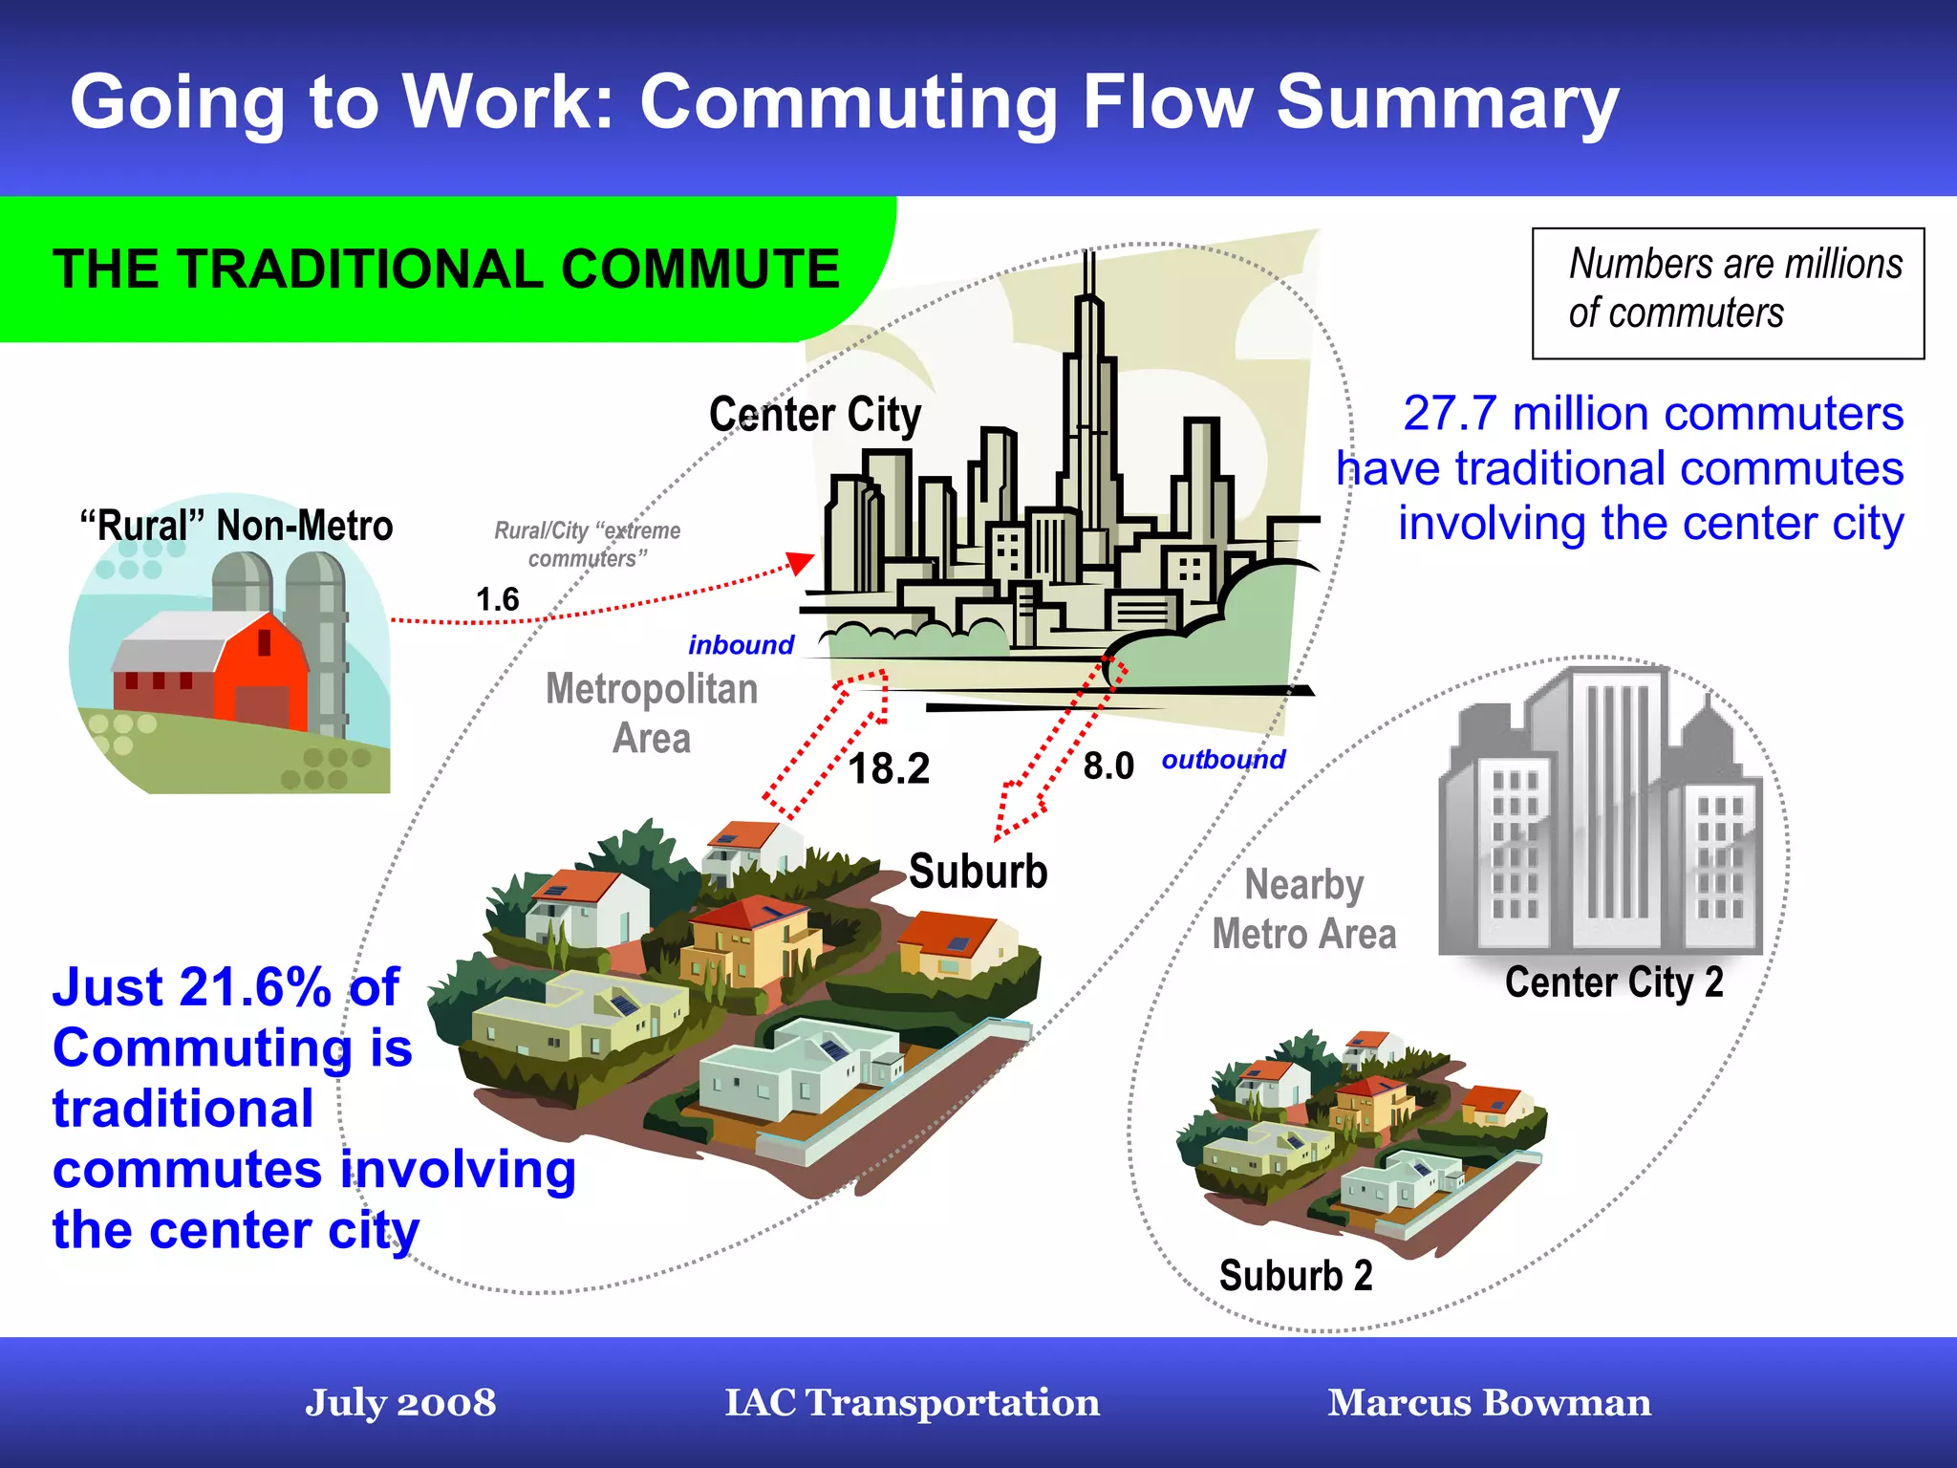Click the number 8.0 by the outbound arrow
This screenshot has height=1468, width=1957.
[x=1108, y=766]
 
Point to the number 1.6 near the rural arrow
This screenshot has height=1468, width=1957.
[x=497, y=600]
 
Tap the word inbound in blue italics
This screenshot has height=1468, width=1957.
[x=741, y=645]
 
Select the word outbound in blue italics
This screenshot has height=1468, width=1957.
[x=1223, y=760]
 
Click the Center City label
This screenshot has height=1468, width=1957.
[x=815, y=416]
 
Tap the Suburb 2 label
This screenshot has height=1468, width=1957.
[x=1296, y=1276]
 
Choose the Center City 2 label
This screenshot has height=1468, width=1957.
[x=1614, y=982]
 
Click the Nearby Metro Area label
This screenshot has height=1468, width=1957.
[x=1304, y=910]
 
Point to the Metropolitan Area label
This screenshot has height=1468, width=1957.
[x=652, y=714]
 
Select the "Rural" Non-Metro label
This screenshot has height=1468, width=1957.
[x=236, y=527]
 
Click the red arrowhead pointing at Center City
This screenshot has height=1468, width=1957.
[x=800, y=563]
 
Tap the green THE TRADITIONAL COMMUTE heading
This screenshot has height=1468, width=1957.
[x=446, y=270]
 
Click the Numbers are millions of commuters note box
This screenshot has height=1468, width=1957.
[x=1728, y=293]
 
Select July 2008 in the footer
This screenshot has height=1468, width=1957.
[x=400, y=1403]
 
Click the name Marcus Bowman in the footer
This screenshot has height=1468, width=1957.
[x=1489, y=1403]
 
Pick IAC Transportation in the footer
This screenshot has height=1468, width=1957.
[x=912, y=1403]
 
